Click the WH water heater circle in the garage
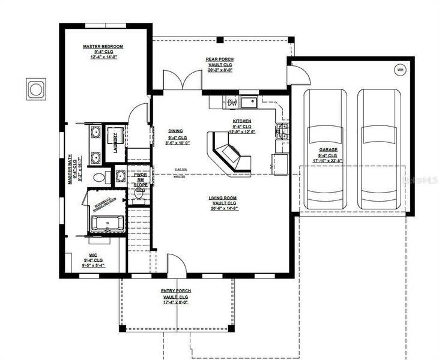tap(400, 70)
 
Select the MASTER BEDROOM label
tap(103, 46)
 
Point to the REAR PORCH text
tap(220, 59)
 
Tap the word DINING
tap(175, 131)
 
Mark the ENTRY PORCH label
tap(175, 291)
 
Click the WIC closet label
tap(93, 254)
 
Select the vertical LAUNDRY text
tap(115, 142)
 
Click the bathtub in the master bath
tap(107, 224)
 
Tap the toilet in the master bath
tap(100, 176)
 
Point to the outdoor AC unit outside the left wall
tap(36, 89)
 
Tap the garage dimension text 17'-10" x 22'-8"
tap(327, 160)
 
